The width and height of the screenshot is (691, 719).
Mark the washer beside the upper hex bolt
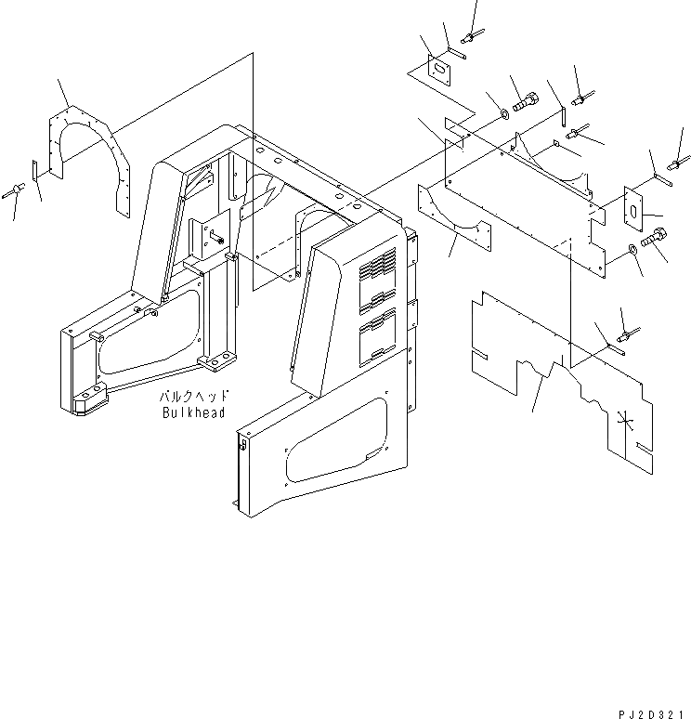(502, 114)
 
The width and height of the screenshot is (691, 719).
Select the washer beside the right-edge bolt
(632, 249)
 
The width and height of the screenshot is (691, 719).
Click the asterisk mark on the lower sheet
(628, 424)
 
